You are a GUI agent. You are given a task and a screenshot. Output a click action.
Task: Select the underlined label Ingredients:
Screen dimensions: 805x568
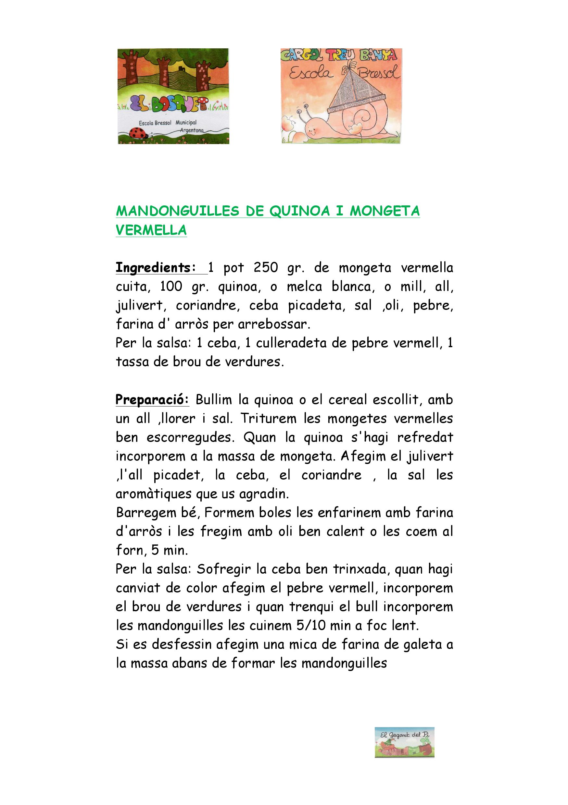pyautogui.click(x=156, y=268)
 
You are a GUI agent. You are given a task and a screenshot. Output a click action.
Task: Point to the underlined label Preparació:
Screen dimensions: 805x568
pyautogui.click(x=152, y=400)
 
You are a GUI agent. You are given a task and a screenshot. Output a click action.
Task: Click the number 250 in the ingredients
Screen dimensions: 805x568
pyautogui.click(x=266, y=268)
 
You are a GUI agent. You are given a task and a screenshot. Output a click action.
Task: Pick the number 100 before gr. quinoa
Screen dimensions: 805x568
pyautogui.click(x=171, y=287)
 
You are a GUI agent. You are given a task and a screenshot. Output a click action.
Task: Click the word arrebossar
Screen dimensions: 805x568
pyautogui.click(x=274, y=324)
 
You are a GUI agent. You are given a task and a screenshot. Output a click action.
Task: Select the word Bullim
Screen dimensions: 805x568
pyautogui.click(x=214, y=400)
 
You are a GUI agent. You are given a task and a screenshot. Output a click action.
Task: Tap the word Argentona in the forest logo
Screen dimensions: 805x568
pyautogui.click(x=192, y=130)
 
